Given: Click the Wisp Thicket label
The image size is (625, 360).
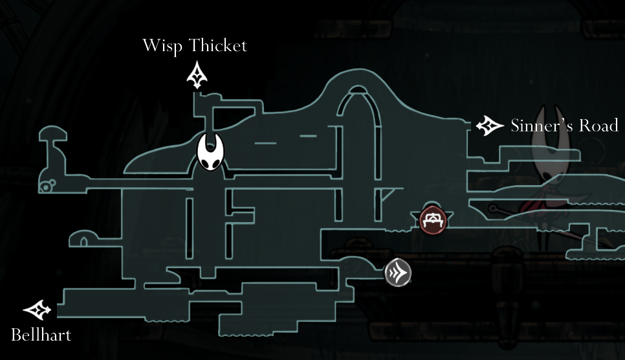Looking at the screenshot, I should point(195,46).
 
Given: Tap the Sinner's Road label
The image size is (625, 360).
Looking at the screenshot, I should point(564,126).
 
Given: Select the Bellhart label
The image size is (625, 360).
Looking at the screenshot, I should point(41,335).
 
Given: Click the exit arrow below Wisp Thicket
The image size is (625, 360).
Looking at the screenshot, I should point(197,75).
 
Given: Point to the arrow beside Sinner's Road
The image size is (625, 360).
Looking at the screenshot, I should point(490,126).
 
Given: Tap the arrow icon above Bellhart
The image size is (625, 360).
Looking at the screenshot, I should point(37,310).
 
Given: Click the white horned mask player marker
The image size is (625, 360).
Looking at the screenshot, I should point(210,153).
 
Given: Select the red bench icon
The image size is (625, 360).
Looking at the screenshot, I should point(432,221).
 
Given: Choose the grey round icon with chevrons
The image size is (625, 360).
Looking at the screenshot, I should point(398,273).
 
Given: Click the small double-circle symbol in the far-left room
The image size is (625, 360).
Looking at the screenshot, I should point(46,188).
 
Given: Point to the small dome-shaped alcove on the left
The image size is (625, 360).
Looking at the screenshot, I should point(82,239).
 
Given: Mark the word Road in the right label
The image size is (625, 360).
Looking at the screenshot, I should point(600,126).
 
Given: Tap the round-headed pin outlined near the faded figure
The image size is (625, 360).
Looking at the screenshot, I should point(495,208).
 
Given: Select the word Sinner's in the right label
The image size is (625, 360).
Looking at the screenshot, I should point(542,126).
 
